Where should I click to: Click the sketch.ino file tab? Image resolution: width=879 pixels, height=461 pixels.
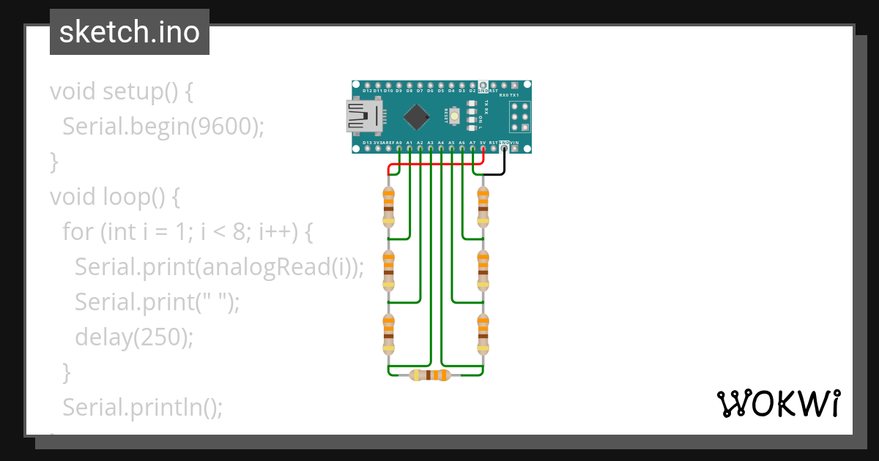pos(130,32)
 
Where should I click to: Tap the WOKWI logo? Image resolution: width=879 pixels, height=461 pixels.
pos(777,403)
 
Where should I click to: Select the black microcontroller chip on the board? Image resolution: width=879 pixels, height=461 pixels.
pos(417,116)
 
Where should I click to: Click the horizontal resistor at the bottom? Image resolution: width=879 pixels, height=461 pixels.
pos(431,375)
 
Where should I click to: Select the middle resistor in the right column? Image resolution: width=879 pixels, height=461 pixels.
pos(483,271)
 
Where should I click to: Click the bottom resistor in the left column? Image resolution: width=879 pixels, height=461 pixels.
pos(388,334)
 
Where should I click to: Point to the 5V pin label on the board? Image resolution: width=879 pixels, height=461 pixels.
pos(483,143)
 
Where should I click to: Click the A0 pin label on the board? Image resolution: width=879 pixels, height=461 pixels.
pos(398,143)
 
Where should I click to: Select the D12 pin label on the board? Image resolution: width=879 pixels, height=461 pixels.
pos(367,91)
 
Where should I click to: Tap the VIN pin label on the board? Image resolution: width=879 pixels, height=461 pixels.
pos(515,143)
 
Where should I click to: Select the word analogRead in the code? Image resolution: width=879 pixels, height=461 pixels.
pos(267,267)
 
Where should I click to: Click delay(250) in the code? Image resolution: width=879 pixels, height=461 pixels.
pos(134,337)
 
